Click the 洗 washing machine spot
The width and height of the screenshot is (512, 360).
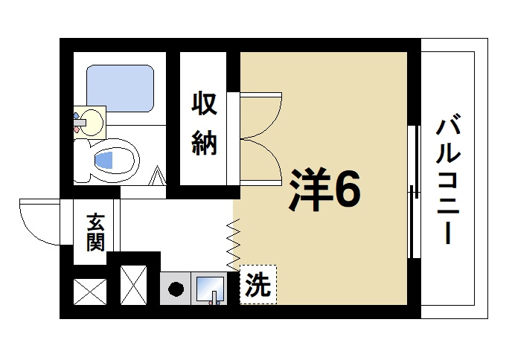coord(258,285)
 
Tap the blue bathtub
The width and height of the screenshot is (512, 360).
coord(120,87)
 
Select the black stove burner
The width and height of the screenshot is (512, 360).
coord(176,289)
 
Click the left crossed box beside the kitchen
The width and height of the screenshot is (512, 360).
coord(90,292)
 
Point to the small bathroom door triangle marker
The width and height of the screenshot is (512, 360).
coord(158,179)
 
